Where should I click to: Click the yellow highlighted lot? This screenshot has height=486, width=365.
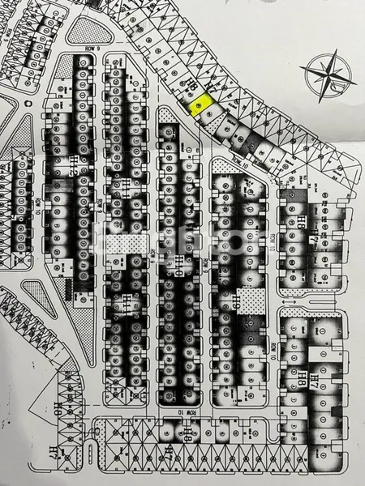[200, 104]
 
